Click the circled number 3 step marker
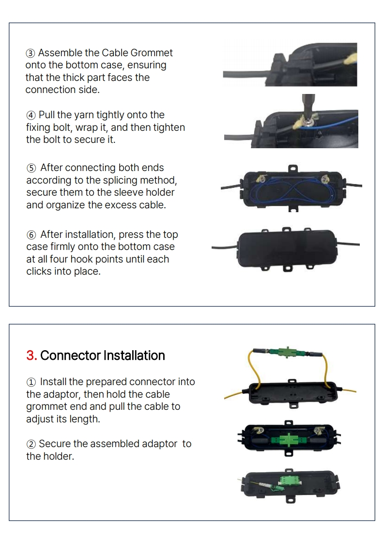pos(31,53)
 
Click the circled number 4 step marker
pos(31,115)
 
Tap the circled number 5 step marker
pos(31,168)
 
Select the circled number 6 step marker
pos(31,235)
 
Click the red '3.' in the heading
pos(31,356)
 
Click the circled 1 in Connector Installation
pos(31,382)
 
